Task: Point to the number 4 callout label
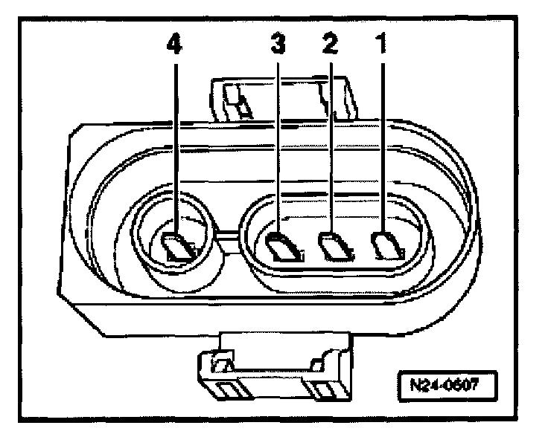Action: click(x=174, y=44)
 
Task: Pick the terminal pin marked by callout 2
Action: click(x=332, y=246)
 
